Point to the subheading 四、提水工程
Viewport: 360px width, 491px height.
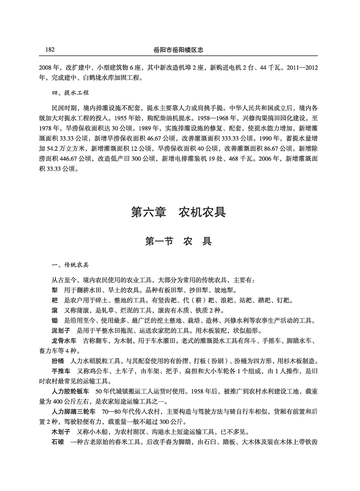(x=71, y=93)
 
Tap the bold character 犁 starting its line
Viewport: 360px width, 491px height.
(x=55, y=290)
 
